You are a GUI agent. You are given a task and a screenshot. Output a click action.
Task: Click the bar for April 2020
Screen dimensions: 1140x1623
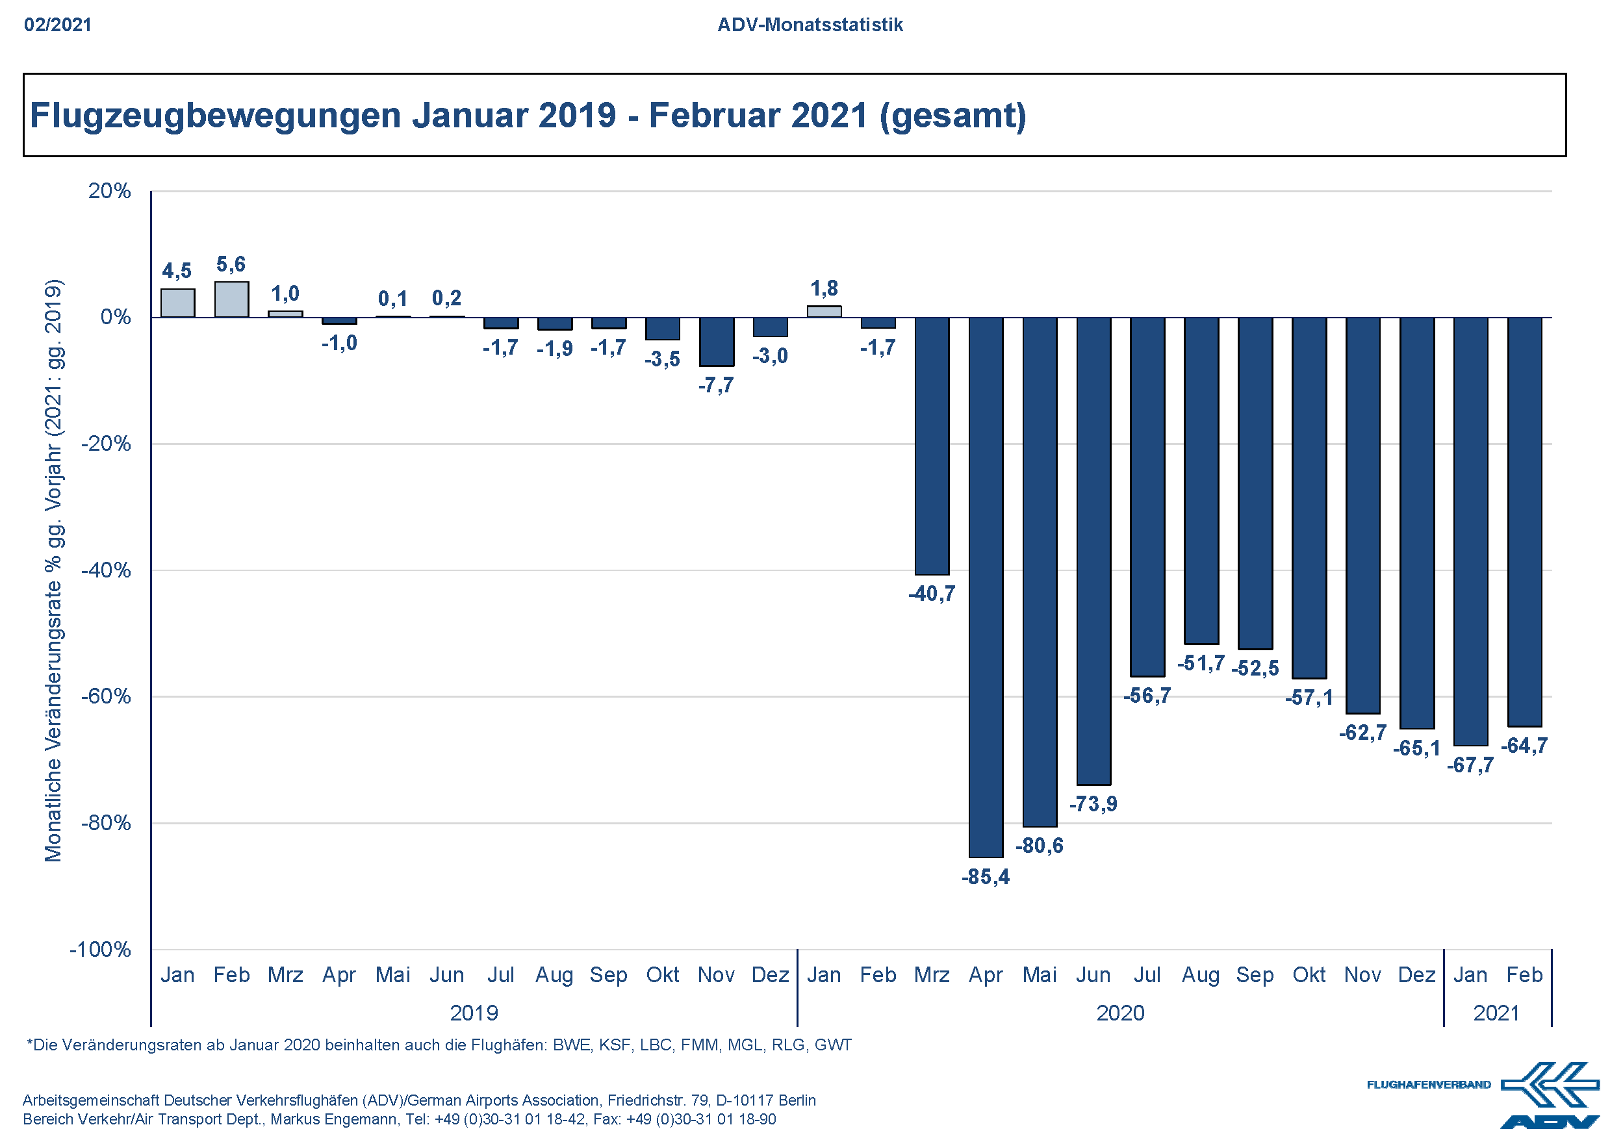click(986, 587)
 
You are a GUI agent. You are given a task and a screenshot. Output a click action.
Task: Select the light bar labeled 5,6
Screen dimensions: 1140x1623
click(231, 299)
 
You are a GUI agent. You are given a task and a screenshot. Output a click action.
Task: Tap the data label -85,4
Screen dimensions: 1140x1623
click(986, 877)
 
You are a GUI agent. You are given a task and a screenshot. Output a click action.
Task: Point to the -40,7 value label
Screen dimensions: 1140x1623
click(931, 594)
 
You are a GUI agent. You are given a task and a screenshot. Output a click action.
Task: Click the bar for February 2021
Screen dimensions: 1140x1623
click(1524, 522)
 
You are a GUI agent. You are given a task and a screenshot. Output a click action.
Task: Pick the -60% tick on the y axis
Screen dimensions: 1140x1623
click(106, 697)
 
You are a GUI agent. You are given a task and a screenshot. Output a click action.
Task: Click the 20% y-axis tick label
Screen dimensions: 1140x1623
click(110, 191)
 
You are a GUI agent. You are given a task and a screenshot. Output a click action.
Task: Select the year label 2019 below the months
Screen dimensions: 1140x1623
click(474, 1013)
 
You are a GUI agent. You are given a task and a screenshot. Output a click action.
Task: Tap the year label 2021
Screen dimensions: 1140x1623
click(1496, 1013)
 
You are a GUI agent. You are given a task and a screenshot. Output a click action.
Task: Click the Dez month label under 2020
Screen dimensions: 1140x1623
click(1416, 974)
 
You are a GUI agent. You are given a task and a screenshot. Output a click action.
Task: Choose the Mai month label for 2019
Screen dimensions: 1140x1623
click(392, 974)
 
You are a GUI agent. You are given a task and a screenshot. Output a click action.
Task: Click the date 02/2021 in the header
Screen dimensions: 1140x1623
click(58, 25)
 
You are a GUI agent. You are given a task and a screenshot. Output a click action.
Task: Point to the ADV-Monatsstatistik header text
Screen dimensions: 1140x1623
click(810, 25)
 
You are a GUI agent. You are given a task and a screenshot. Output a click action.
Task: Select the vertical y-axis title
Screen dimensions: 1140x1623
click(54, 570)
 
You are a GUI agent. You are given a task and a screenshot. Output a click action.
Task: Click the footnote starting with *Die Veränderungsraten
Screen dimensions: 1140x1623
click(439, 1045)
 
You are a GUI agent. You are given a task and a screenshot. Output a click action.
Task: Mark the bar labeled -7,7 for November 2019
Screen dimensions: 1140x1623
click(716, 342)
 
